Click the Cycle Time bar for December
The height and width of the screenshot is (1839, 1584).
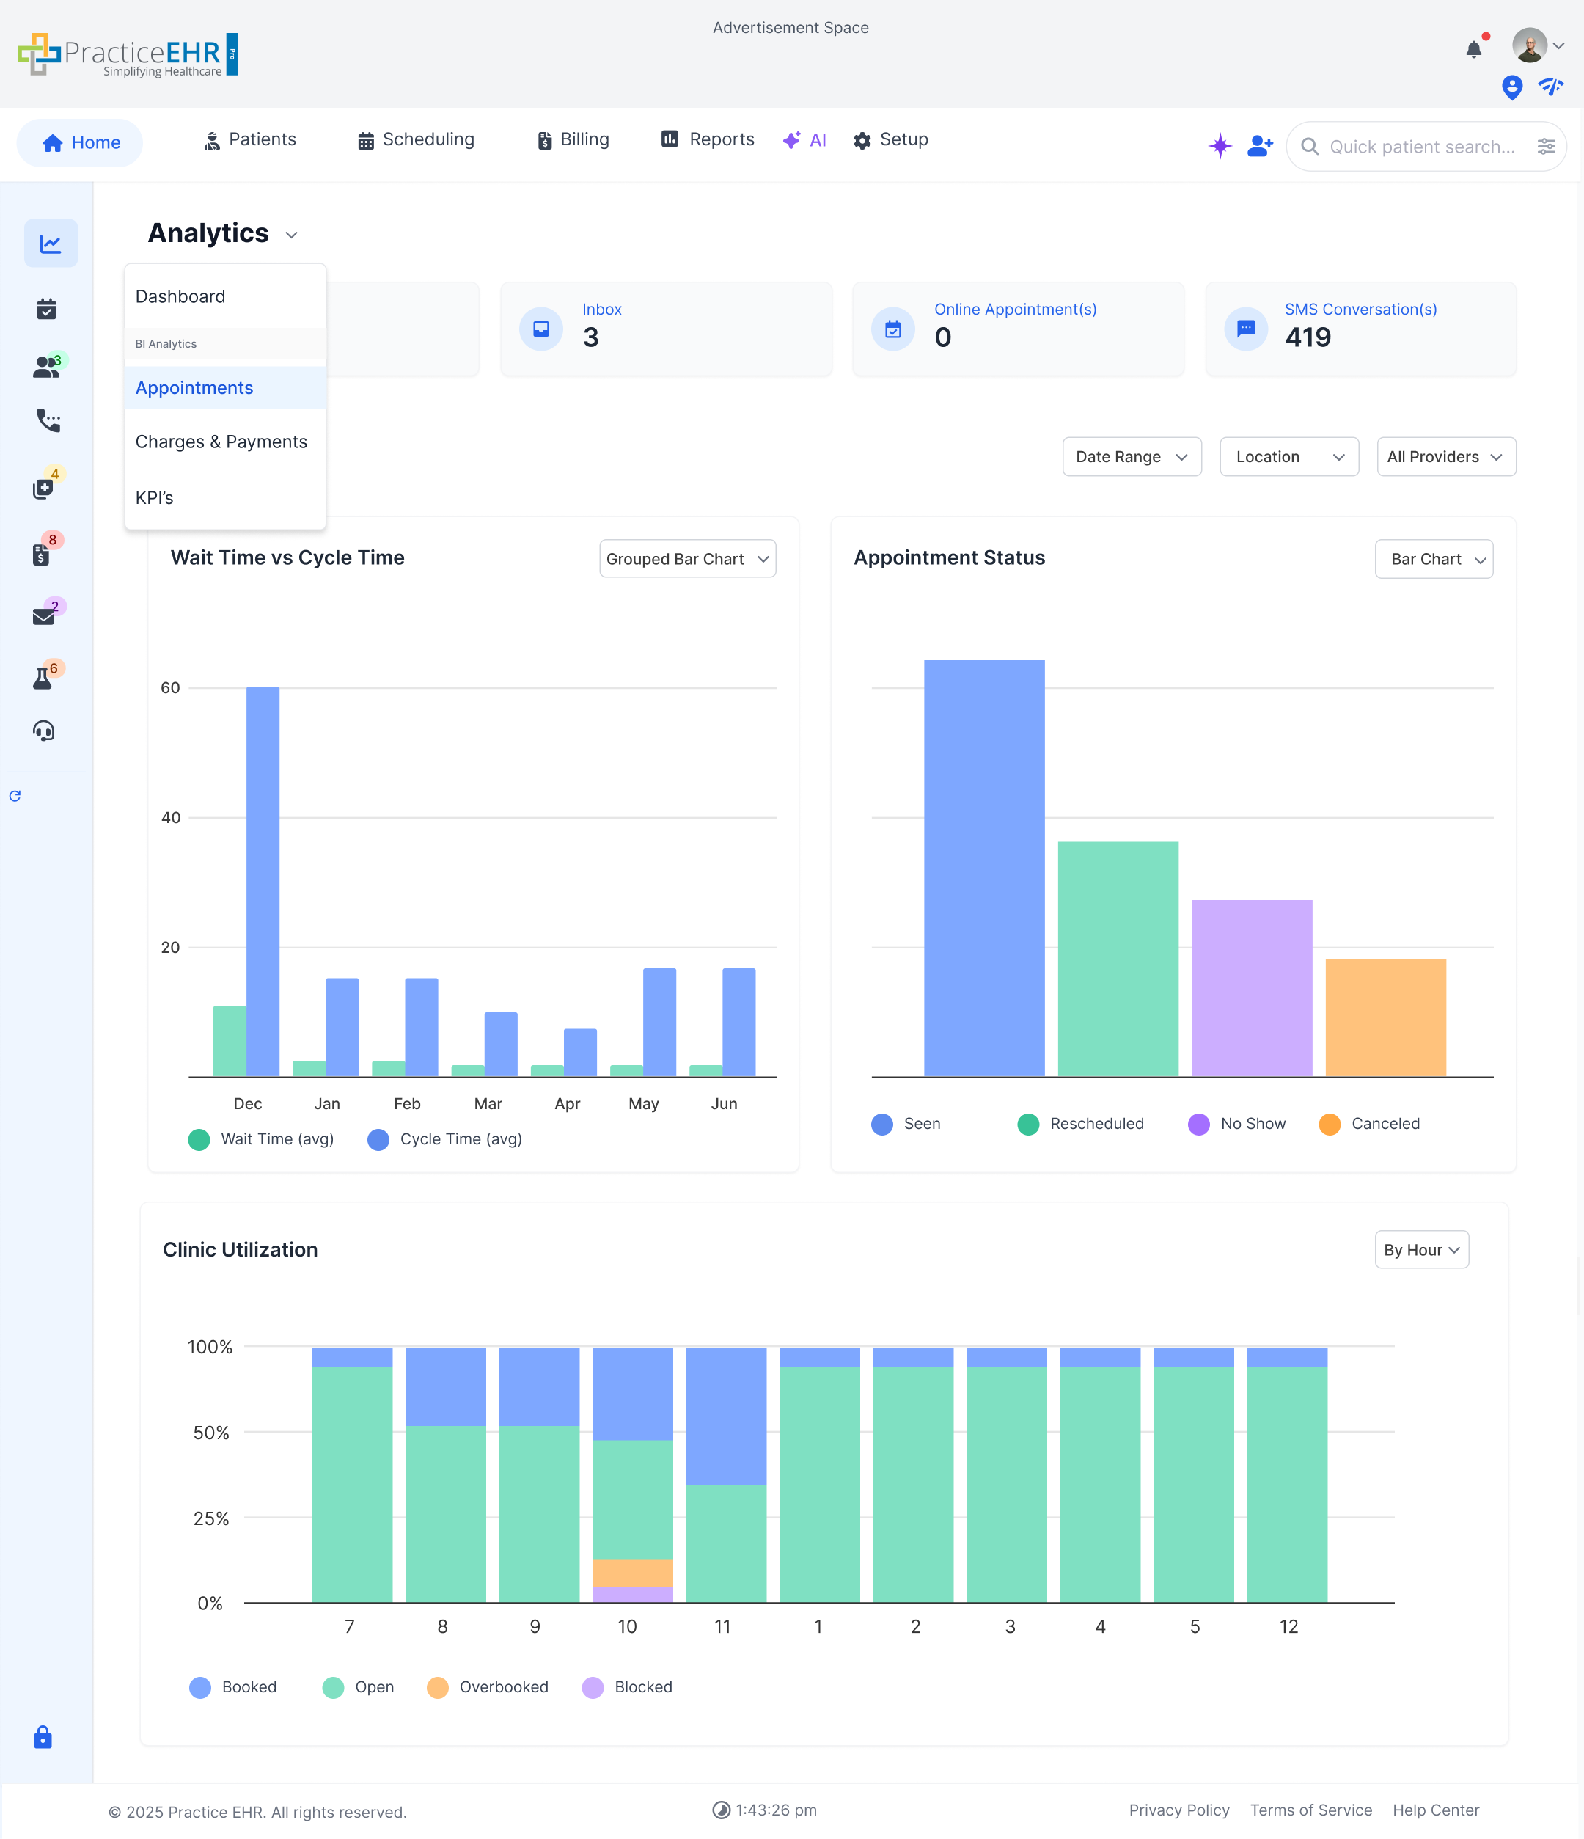click(x=263, y=880)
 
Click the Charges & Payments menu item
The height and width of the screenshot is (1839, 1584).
click(x=221, y=442)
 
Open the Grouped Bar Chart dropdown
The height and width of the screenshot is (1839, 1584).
click(x=687, y=559)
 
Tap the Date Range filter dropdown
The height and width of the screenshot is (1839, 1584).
click(x=1131, y=457)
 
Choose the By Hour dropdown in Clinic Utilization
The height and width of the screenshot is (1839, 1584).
click(x=1420, y=1250)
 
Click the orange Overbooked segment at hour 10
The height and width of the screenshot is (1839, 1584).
click(x=632, y=1572)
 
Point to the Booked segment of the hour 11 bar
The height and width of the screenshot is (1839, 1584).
click(x=726, y=1416)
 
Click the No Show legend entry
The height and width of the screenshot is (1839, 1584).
click(x=1237, y=1124)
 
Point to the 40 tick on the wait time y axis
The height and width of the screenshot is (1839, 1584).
click(x=170, y=817)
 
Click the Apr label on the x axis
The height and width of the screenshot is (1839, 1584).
click(x=566, y=1103)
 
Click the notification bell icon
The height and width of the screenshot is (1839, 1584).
click(x=1473, y=50)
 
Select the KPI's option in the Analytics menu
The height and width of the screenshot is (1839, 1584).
click(x=155, y=498)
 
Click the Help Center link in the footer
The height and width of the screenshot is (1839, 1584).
click(x=1435, y=1810)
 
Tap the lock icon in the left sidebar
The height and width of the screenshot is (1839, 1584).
click(x=43, y=1737)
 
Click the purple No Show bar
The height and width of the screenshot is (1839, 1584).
click(x=1251, y=988)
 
